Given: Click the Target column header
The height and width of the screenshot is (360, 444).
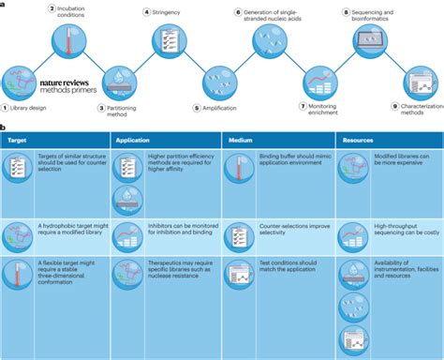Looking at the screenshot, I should [x=18, y=140].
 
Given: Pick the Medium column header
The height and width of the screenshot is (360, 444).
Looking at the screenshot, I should [x=238, y=140].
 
